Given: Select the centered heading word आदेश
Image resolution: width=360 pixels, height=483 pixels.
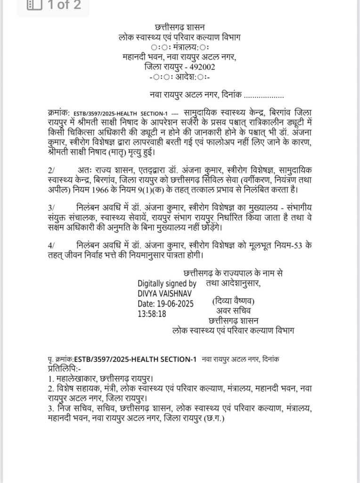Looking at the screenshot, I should (x=181, y=76).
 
